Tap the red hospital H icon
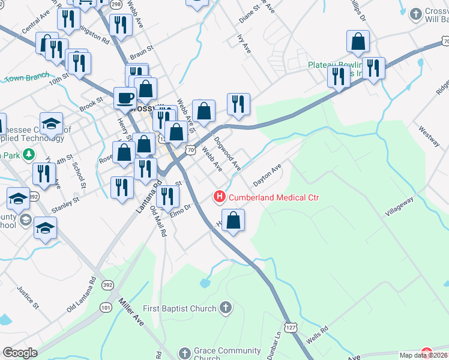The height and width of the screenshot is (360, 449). [220, 197]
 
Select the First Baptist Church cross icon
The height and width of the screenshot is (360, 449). [225, 308]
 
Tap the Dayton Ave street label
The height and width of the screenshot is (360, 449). [267, 176]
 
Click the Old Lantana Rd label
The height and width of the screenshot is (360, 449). [82, 294]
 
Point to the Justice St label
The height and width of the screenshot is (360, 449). [28, 298]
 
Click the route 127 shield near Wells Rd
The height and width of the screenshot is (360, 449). [291, 328]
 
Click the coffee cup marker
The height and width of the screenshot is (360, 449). [125, 97]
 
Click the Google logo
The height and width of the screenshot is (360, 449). [20, 353]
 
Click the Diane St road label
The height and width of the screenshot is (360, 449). [247, 14]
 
